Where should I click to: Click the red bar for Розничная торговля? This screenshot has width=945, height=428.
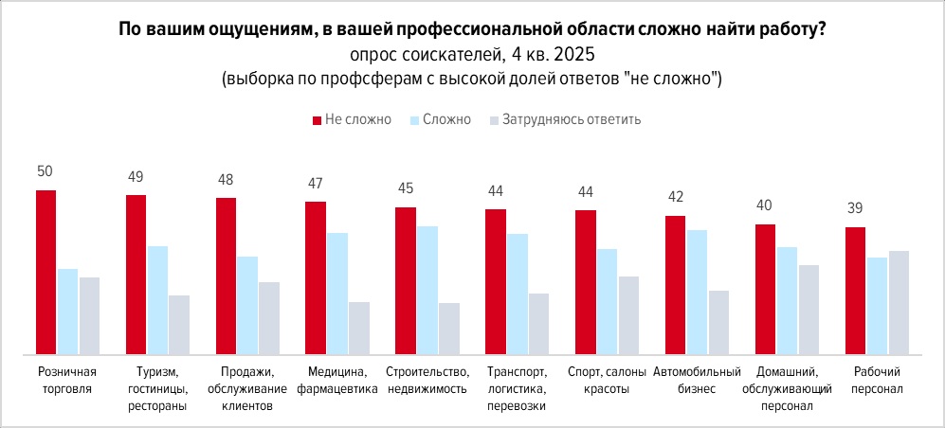click(45, 272)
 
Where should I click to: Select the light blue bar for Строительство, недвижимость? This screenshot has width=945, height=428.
click(427, 290)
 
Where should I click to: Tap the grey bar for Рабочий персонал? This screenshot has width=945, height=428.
click(899, 302)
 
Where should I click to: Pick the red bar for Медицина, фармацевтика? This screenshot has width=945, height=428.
click(315, 277)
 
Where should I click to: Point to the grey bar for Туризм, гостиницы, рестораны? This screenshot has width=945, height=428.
click(179, 325)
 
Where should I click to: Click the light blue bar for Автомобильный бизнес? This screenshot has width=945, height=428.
click(697, 292)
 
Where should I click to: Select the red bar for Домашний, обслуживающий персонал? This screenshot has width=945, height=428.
click(765, 289)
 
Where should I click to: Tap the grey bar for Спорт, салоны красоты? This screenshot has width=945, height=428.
click(628, 315)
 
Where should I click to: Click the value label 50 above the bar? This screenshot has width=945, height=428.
click(45, 171)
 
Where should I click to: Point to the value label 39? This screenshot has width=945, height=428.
click(855, 208)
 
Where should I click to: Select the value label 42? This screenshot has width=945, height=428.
click(675, 197)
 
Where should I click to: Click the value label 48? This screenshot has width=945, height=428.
click(226, 179)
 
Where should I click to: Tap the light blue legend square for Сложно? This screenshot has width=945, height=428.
click(414, 120)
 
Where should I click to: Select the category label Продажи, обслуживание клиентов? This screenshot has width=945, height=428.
click(246, 388)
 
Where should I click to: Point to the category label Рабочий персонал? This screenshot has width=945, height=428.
click(878, 380)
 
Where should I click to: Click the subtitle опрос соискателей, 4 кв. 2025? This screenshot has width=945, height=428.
click(472, 54)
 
